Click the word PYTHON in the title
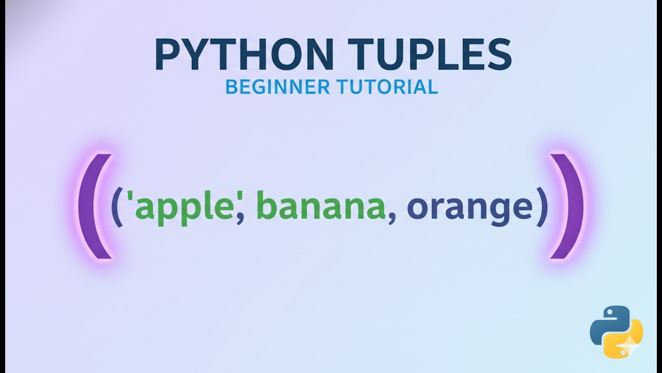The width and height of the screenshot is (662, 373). point(237,55)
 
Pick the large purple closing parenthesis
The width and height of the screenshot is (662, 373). point(568,206)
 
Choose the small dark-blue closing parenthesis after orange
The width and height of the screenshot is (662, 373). point(542,207)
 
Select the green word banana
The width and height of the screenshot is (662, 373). point(321,206)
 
